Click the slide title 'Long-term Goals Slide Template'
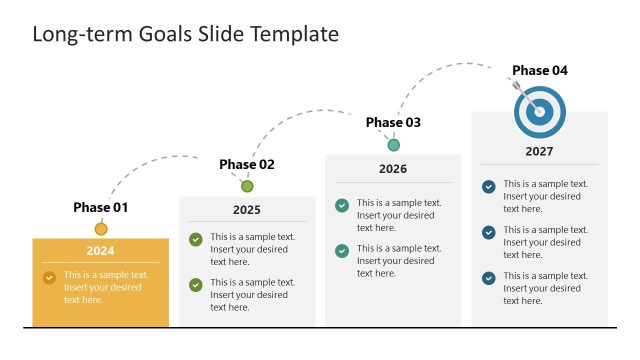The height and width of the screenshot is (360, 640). (x=186, y=34)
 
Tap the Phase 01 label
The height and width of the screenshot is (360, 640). (x=101, y=208)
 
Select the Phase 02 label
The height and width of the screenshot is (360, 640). (x=247, y=165)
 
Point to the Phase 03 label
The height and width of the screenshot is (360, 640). (x=393, y=123)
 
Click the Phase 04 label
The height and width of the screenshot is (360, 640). (x=540, y=70)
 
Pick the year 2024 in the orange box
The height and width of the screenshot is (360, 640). (x=100, y=251)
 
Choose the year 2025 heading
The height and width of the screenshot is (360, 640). (x=247, y=210)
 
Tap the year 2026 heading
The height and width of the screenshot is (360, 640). (x=393, y=169)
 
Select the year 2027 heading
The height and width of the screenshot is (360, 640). (x=540, y=152)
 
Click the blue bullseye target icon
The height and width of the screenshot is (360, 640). (x=540, y=112)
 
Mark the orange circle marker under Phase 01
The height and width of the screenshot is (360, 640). (x=101, y=229)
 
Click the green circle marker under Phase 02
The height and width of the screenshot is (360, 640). (x=247, y=186)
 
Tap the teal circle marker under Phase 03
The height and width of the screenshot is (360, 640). (x=393, y=145)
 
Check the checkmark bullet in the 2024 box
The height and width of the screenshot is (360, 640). (x=49, y=277)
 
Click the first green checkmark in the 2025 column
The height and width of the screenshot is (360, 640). (x=196, y=239)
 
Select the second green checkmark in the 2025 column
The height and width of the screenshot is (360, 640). (x=196, y=285)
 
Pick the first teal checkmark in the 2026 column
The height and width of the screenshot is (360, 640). (x=342, y=205)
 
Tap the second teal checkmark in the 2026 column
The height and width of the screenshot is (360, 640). (x=342, y=251)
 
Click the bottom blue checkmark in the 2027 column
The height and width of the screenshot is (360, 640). (x=488, y=278)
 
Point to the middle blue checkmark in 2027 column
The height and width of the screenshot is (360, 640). (x=488, y=232)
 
